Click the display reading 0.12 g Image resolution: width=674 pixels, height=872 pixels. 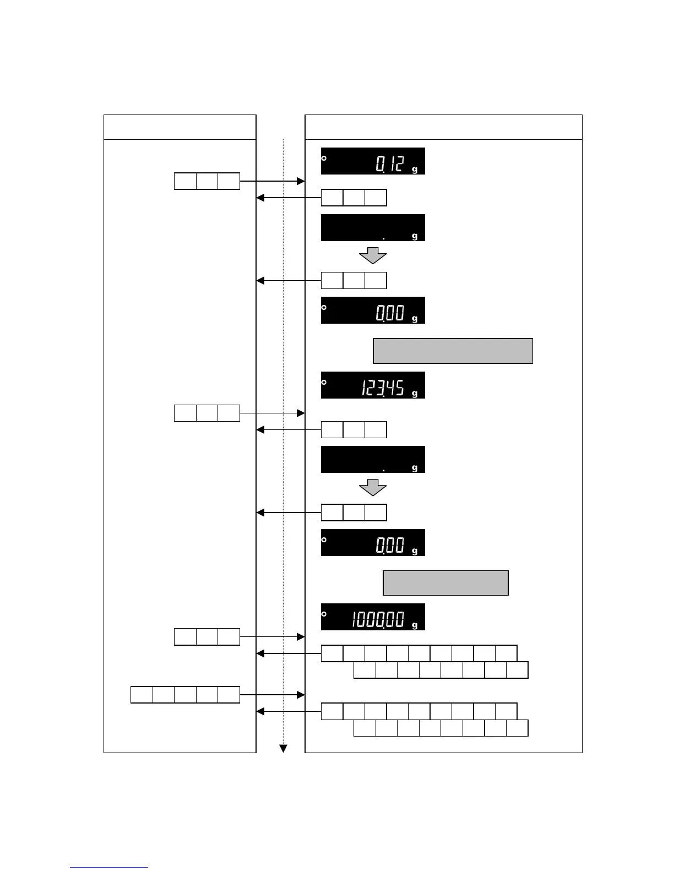click(373, 161)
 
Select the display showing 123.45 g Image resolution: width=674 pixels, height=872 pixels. click(373, 385)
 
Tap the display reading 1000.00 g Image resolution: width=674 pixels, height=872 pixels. click(373, 617)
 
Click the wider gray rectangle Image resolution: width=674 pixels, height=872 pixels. click(453, 351)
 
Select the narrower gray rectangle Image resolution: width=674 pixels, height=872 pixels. click(445, 583)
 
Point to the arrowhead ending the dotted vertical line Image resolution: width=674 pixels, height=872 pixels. click(284, 748)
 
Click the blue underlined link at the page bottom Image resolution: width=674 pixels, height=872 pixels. click(109, 867)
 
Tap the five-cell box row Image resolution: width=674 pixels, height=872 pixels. click(185, 695)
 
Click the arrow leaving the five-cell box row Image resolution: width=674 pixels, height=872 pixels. click(273, 695)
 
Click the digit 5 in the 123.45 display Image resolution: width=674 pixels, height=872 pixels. click(399, 388)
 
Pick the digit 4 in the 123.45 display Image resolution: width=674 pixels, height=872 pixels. click(389, 388)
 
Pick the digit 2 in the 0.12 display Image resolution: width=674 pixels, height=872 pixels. click(399, 163)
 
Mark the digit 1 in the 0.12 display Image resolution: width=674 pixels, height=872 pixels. click(390, 163)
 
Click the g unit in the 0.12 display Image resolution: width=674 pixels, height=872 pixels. click(415, 170)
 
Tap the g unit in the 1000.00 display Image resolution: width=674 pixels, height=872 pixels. click(415, 625)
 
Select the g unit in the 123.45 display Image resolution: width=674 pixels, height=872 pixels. click(415, 394)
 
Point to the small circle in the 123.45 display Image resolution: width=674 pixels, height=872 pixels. click(324, 382)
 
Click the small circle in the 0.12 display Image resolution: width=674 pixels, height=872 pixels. click(324, 158)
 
